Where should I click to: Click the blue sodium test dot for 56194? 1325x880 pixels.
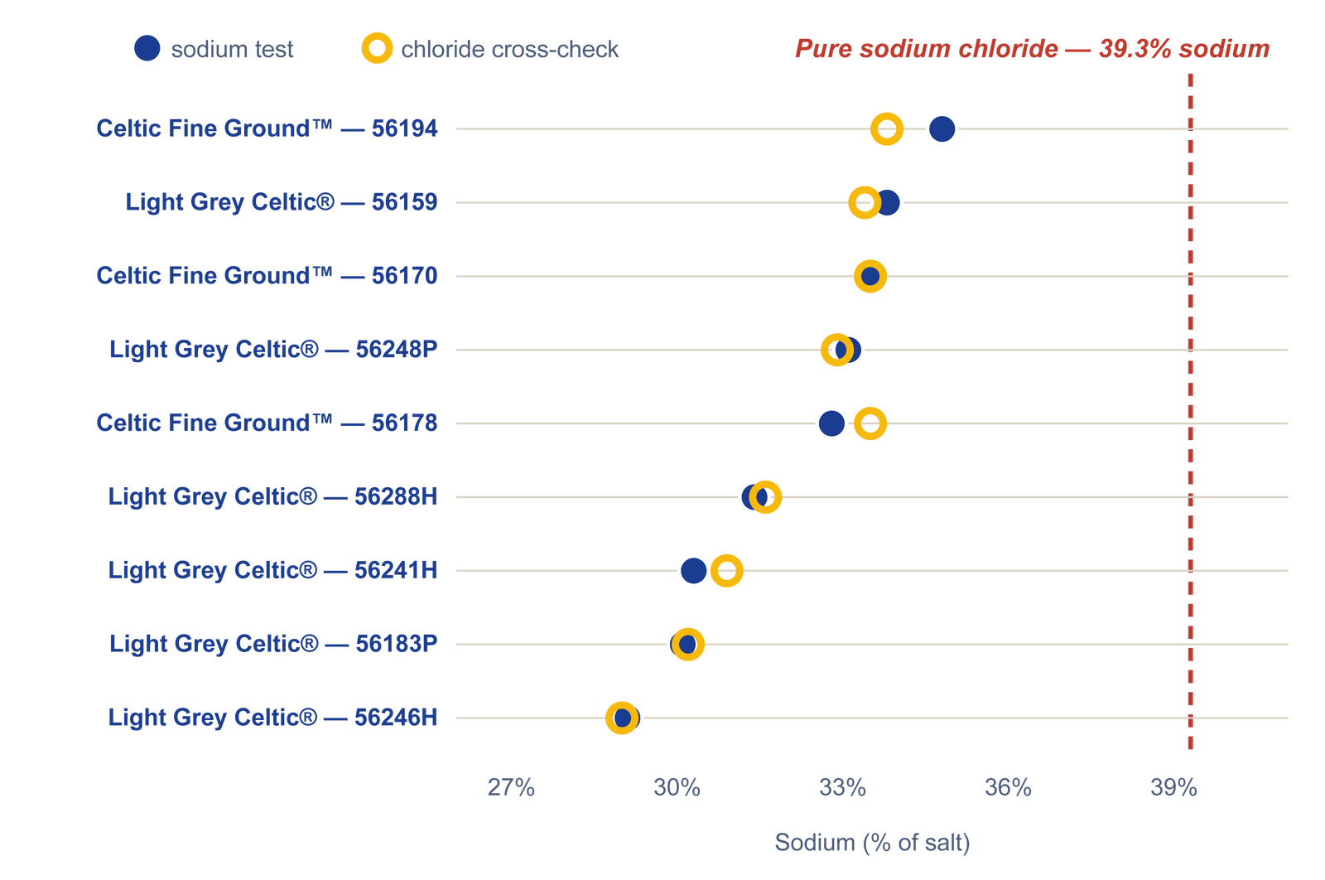pos(942,129)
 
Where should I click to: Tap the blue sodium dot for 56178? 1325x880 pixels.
pos(831,423)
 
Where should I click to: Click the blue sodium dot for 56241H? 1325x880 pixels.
pos(693,571)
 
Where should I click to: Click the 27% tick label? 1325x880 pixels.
pos(510,788)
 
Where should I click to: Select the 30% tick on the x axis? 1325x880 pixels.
pos(677,788)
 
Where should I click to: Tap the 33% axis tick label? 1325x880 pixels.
pos(842,788)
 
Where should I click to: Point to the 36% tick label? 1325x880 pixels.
pos(1008,788)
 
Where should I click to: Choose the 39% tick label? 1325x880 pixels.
pos(1173,788)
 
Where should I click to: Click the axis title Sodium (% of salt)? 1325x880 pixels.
pos(873,843)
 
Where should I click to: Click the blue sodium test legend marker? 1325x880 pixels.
pos(147,49)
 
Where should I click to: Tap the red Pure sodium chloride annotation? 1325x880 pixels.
pos(1032,49)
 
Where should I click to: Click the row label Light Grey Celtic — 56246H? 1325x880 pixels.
pos(272,718)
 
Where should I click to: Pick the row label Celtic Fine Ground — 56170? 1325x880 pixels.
pos(267,276)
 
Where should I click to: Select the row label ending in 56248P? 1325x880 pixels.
pos(273,350)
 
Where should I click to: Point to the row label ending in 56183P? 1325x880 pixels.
pos(273,644)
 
